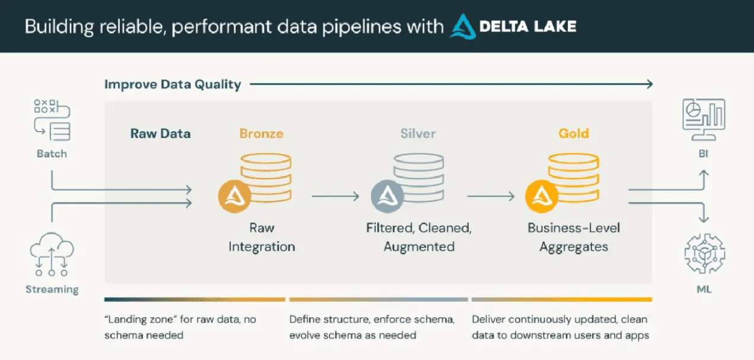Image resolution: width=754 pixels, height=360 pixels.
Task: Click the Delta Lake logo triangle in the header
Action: (463, 26)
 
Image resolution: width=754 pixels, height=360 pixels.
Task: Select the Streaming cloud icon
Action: (52, 253)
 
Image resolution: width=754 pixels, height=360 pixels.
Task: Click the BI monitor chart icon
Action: (704, 119)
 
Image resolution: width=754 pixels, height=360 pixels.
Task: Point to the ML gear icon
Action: (704, 254)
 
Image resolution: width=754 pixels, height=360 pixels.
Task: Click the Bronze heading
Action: (262, 133)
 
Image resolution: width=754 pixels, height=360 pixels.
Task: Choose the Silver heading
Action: (418, 133)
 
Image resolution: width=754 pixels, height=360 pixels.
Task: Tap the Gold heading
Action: (574, 133)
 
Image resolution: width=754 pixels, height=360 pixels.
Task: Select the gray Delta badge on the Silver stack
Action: (387, 196)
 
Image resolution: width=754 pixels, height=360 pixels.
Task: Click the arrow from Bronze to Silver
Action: (336, 196)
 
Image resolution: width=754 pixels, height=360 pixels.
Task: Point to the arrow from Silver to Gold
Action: (491, 196)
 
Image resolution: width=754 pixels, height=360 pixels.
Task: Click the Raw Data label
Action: (161, 133)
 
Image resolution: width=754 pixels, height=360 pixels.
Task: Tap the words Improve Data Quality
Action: (173, 85)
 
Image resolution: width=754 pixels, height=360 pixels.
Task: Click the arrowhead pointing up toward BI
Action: (704, 173)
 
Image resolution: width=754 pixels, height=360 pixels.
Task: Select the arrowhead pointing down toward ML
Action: (704, 220)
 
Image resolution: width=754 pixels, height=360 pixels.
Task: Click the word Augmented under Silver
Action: (419, 247)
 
